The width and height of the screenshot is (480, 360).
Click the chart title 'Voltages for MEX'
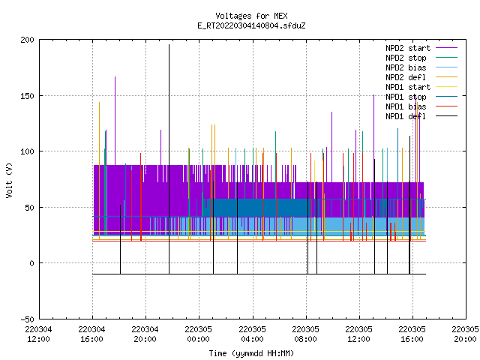click(x=251, y=16)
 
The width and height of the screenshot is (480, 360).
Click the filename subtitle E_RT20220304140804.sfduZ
click(x=251, y=25)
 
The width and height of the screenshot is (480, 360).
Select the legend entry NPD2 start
click(x=421, y=48)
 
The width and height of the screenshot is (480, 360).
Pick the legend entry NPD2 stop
click(x=421, y=58)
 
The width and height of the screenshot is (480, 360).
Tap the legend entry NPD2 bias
click(x=421, y=67)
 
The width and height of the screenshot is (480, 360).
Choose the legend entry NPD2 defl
click(x=421, y=77)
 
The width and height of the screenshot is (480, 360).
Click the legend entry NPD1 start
click(x=421, y=87)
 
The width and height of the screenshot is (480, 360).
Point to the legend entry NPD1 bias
click(x=421, y=106)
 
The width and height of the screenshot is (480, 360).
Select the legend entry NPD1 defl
click(x=421, y=117)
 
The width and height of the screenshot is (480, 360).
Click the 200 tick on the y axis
click(x=27, y=40)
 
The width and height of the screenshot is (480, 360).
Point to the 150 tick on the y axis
click(x=27, y=96)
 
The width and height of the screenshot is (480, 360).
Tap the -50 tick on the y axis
click(x=27, y=319)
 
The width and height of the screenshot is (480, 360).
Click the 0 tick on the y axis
click(x=31, y=263)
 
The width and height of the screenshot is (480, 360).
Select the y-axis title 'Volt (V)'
click(x=9, y=180)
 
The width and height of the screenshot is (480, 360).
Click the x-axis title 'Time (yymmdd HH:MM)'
click(x=251, y=353)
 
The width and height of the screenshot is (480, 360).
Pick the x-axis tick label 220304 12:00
click(x=38, y=334)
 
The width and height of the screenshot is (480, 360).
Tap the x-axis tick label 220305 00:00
click(x=198, y=334)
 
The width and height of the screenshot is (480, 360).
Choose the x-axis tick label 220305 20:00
click(x=465, y=334)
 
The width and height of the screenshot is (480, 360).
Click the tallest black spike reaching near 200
click(x=169, y=159)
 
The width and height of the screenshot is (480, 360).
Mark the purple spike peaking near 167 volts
click(x=115, y=121)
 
